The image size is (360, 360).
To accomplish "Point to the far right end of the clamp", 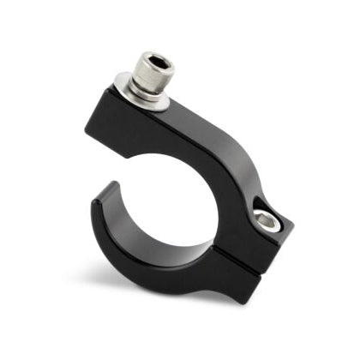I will click(x=292, y=231).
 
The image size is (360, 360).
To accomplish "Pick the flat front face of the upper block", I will click(x=137, y=137).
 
